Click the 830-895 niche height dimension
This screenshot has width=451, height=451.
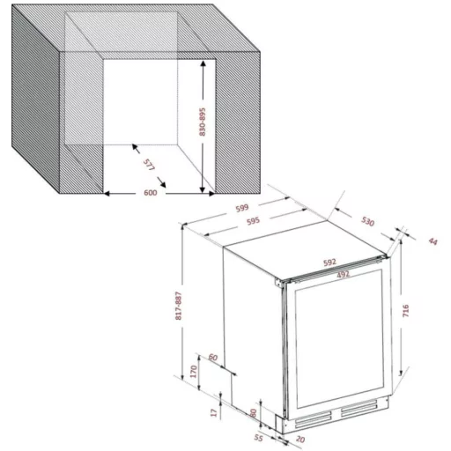203,122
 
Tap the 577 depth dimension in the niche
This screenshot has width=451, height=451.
149,165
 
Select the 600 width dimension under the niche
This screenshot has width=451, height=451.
151,193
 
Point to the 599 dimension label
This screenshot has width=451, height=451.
242,208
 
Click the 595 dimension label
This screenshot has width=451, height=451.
253,221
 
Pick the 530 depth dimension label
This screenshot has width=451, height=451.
367,221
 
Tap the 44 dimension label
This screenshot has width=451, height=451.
433,241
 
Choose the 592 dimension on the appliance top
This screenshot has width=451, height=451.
329,262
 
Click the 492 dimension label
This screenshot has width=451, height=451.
343,274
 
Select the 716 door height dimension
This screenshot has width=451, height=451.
405,310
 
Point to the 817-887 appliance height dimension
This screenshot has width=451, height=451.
179,306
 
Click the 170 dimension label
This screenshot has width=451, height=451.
194,372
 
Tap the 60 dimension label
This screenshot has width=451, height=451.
213,358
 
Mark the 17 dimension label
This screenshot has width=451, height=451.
214,412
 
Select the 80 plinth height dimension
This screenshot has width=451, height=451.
253,413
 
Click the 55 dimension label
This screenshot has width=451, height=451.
258,437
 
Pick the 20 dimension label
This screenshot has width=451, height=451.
300,440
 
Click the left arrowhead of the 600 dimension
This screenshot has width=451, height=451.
107,194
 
